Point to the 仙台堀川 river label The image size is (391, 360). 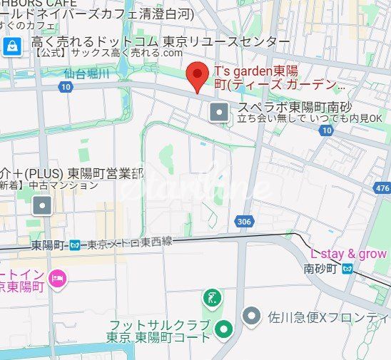[x=86, y=73]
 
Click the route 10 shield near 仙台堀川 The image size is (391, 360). [x=66, y=87]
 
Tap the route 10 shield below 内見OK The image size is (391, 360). [x=326, y=130]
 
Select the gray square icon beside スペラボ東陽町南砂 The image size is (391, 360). [x=219, y=111]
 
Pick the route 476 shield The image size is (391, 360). [x=382, y=188]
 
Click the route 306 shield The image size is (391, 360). [x=244, y=222]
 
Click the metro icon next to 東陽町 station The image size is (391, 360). [x=77, y=245]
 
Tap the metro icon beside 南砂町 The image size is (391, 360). [x=347, y=269]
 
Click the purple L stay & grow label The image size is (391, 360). [x=348, y=254]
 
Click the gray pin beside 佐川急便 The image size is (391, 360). [x=251, y=314]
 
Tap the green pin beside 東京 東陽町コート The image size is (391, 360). [x=224, y=329]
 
